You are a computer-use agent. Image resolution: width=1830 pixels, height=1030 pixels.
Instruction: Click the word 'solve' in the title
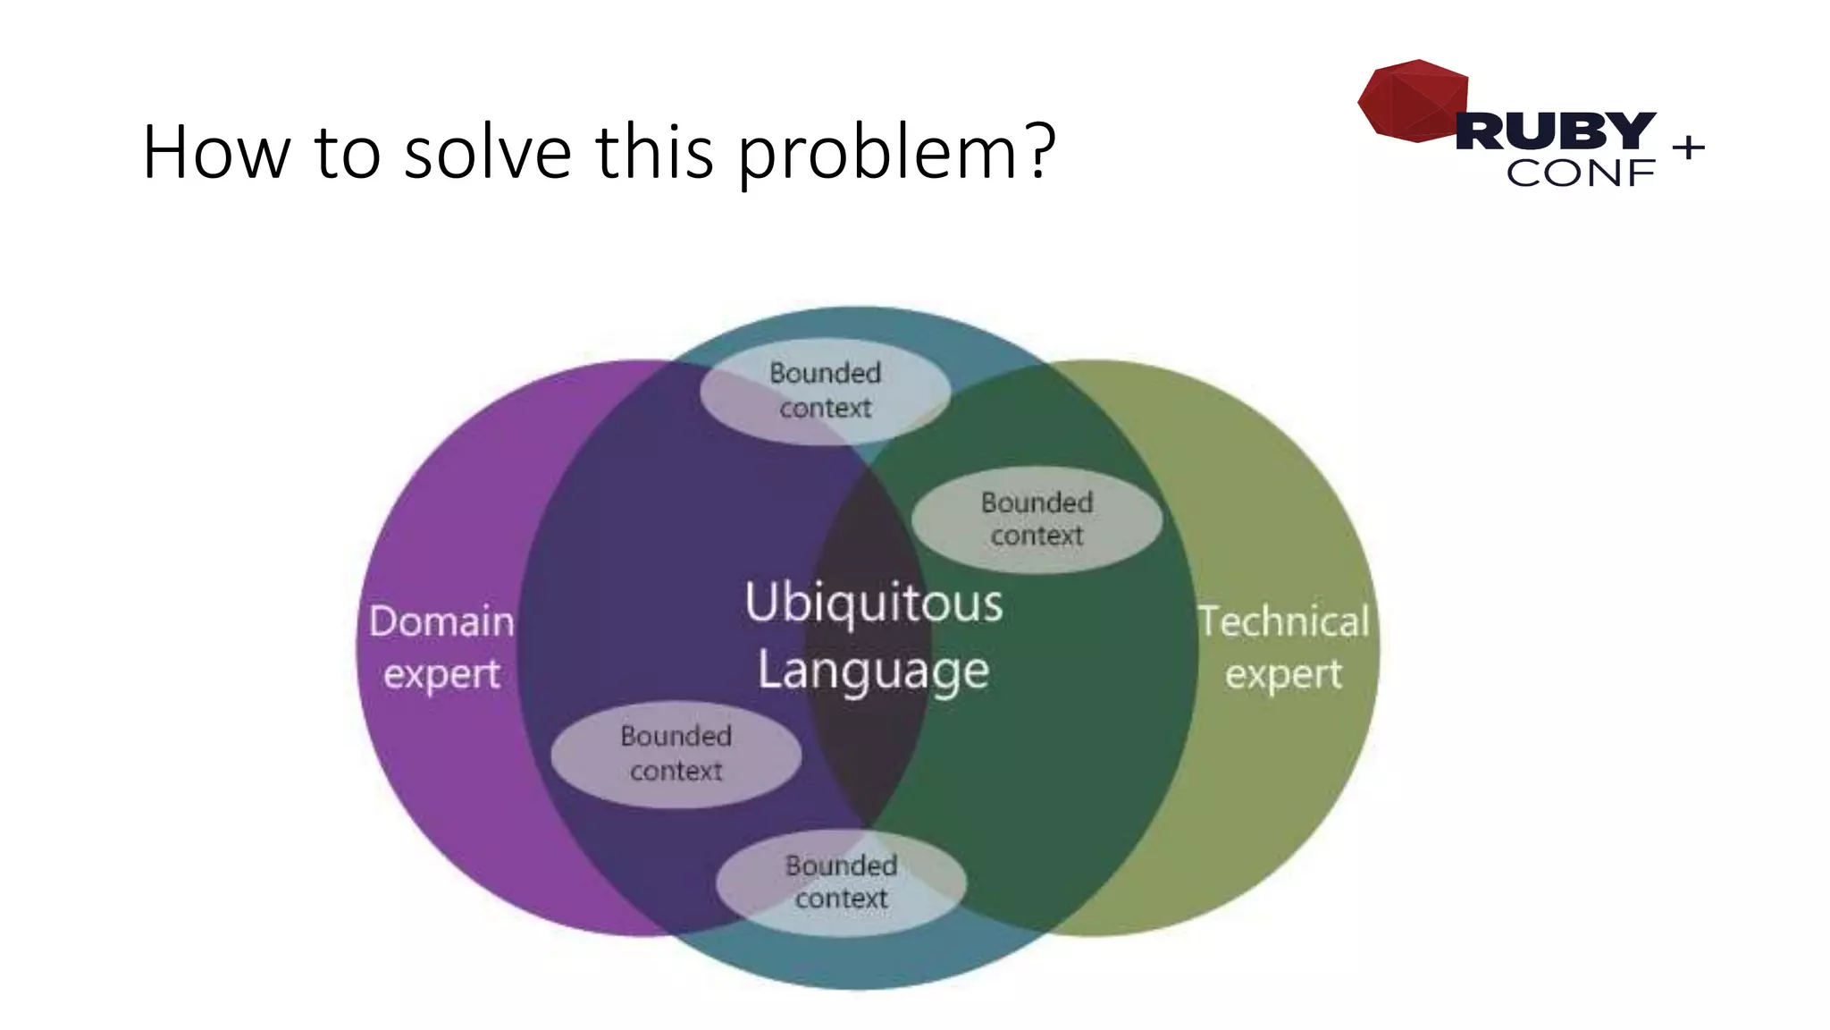[x=487, y=152]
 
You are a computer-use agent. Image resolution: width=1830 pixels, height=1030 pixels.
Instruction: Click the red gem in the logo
[x=1412, y=100]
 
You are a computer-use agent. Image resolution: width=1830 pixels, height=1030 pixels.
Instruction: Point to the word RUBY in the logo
[x=1556, y=131]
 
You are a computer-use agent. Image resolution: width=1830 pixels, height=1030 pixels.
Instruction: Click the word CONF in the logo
[x=1580, y=173]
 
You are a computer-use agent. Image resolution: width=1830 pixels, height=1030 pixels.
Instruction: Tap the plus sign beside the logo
[x=1688, y=147]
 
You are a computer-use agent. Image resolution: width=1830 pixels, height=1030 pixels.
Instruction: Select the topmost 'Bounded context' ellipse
[x=825, y=391]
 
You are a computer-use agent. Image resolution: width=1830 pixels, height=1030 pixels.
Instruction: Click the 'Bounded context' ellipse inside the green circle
[x=1037, y=519]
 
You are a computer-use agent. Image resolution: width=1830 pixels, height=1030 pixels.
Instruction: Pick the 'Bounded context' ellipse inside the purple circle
[x=676, y=754]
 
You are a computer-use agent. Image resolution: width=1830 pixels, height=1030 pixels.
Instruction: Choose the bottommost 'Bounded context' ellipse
[x=841, y=882]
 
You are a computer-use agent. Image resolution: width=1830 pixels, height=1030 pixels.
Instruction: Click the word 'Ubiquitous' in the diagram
[x=873, y=603]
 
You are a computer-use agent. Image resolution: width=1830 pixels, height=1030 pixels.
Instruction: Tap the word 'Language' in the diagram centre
[x=873, y=671]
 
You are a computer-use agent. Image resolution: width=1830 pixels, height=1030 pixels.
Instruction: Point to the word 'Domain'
[x=441, y=621]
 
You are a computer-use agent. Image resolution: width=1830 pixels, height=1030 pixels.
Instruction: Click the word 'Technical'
[x=1283, y=621]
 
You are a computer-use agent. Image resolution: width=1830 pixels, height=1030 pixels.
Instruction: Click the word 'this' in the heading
[x=654, y=152]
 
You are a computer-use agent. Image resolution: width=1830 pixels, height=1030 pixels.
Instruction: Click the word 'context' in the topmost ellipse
[x=825, y=409]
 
